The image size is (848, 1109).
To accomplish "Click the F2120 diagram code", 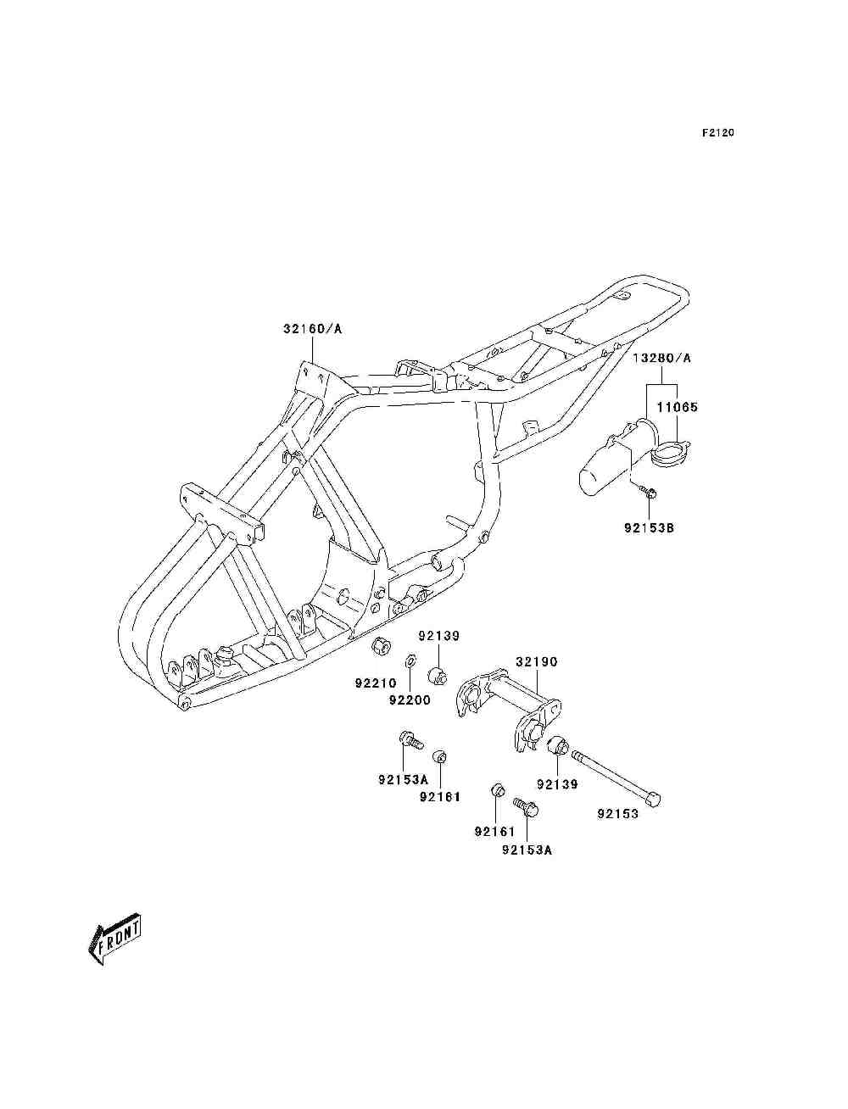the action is tap(717, 133).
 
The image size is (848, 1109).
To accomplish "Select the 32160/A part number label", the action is tap(312, 329).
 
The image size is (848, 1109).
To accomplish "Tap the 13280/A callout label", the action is tap(661, 358).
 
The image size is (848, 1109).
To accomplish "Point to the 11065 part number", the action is tap(678, 407).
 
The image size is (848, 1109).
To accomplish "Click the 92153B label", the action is tap(649, 528).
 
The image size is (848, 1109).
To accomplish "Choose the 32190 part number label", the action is tap(536, 661).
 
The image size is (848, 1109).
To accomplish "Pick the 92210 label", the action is tap(376, 683).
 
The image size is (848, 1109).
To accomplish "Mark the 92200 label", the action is tap(410, 699).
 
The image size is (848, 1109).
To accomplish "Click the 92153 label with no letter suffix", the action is tap(618, 813).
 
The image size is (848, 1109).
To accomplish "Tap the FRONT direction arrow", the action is tap(114, 939).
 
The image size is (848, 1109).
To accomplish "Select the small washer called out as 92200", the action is tap(411, 660).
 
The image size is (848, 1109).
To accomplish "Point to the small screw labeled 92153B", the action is tap(647, 491).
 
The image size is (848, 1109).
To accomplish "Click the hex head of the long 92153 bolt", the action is tap(654, 800).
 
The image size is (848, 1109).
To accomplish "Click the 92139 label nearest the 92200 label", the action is tap(439, 636).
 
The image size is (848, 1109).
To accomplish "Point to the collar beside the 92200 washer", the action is tap(438, 675).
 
